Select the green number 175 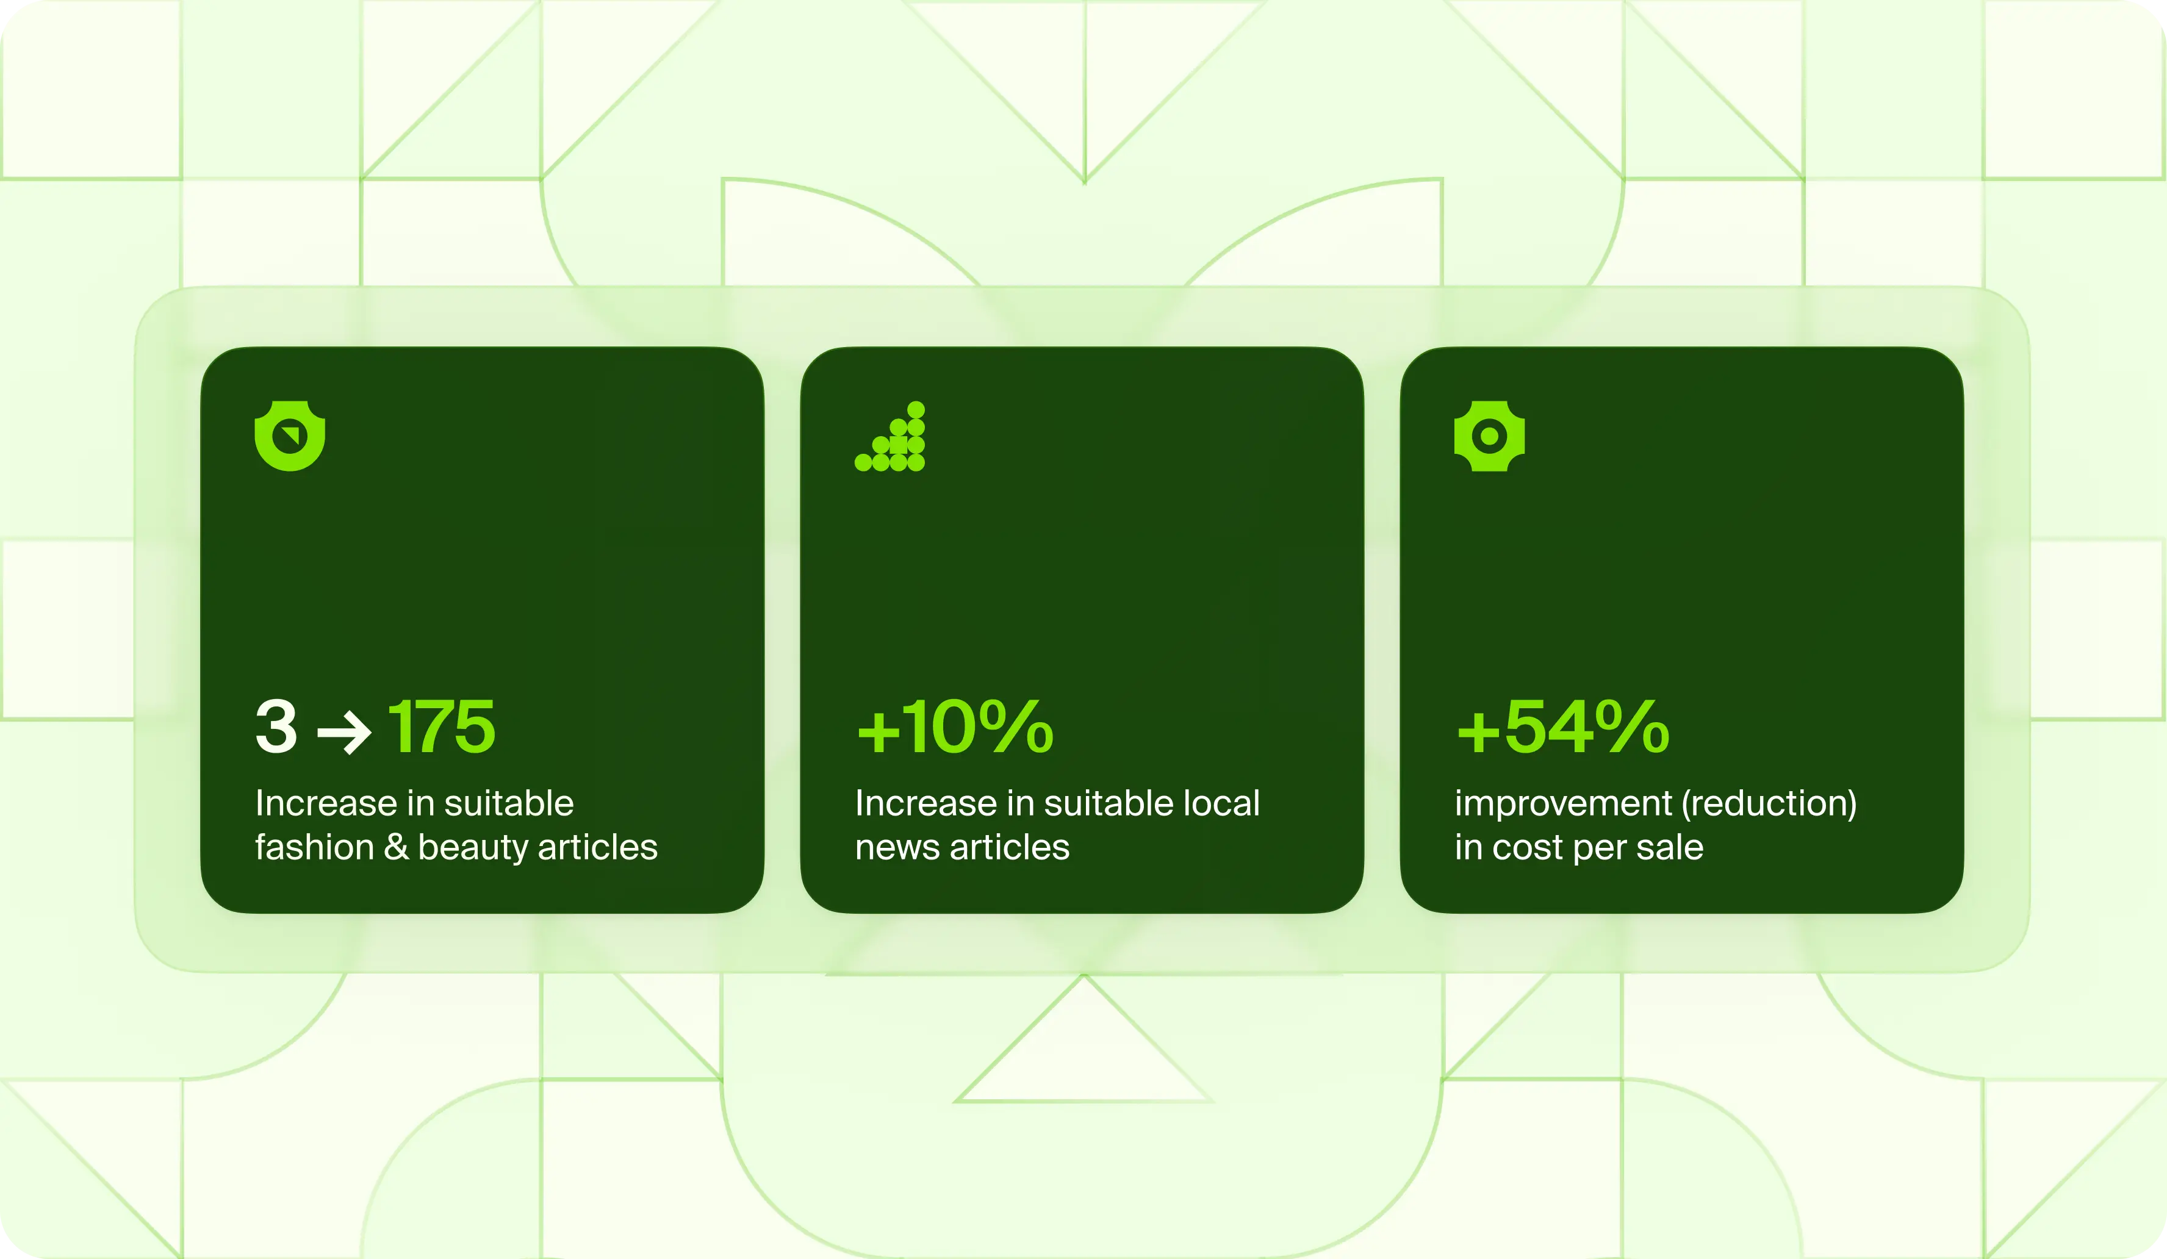pyautogui.click(x=442, y=726)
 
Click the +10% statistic pyautogui.click(x=955, y=726)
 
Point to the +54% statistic pyautogui.click(x=1562, y=726)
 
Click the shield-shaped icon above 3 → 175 pyautogui.click(x=290, y=436)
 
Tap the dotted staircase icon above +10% pyautogui.click(x=890, y=436)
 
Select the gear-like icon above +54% pyautogui.click(x=1489, y=436)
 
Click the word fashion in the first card pyautogui.click(x=314, y=848)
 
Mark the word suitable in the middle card pyautogui.click(x=1109, y=803)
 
